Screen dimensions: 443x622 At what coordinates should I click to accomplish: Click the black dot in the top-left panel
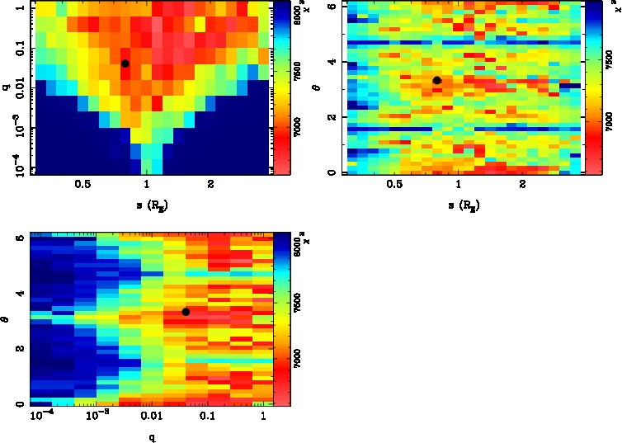pyautogui.click(x=125, y=64)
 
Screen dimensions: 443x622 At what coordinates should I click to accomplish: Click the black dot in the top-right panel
pyautogui.click(x=437, y=80)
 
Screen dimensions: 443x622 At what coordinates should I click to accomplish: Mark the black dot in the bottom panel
pyautogui.click(x=186, y=312)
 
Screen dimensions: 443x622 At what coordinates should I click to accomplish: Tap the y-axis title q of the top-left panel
pyautogui.click(x=7, y=82)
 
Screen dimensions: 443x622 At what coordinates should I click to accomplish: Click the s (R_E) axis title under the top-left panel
pyautogui.click(x=146, y=203)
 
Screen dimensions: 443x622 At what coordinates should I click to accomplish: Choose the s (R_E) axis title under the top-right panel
pyautogui.click(x=459, y=203)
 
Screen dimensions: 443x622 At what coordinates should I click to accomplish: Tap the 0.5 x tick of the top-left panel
pyautogui.click(x=82, y=186)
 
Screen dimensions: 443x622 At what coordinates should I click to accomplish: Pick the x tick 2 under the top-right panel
pyautogui.click(x=523, y=186)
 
